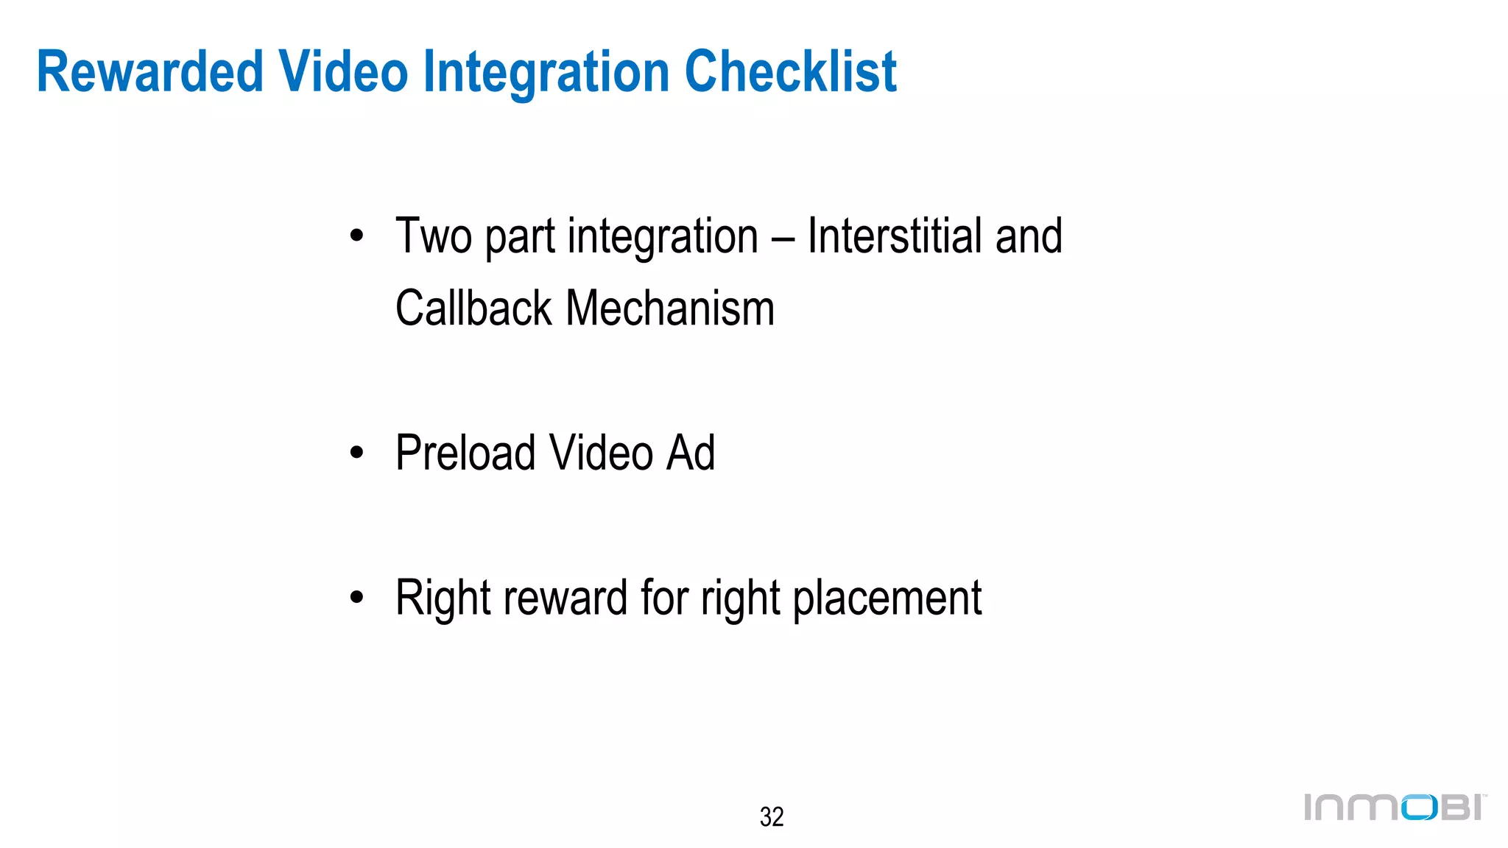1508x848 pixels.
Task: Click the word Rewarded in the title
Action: click(149, 72)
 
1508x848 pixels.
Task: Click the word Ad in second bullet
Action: click(690, 453)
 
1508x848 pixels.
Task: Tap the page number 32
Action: click(771, 817)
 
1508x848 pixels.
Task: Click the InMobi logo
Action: click(1395, 808)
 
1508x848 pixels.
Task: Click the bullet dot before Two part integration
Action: click(357, 237)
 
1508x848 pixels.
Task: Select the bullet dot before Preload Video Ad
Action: click(357, 453)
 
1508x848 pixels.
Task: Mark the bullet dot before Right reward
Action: click(357, 598)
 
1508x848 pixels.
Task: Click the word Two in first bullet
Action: click(433, 236)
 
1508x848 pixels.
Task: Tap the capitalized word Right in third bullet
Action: click(443, 598)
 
